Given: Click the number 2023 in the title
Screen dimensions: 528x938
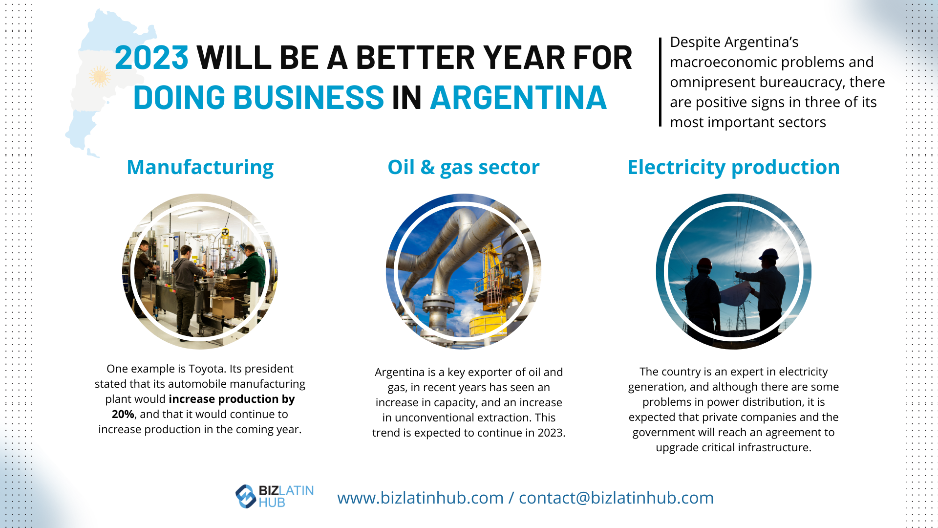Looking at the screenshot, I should click(x=151, y=58).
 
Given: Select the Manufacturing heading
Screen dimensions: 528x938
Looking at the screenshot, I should click(x=200, y=167).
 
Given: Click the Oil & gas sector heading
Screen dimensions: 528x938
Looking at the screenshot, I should click(x=463, y=167).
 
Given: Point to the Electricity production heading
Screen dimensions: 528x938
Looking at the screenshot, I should click(x=733, y=167).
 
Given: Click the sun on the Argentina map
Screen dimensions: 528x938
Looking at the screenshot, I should click(x=100, y=77).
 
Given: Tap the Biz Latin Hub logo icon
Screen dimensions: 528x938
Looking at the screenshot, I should click(x=245, y=496).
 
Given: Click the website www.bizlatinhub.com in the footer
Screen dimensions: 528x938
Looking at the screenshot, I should click(x=420, y=498).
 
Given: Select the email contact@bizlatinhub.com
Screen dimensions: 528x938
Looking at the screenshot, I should click(x=616, y=498).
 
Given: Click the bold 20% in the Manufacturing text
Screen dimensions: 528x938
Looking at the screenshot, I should click(x=123, y=415).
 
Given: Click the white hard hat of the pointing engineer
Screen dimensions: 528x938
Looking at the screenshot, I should click(x=768, y=254).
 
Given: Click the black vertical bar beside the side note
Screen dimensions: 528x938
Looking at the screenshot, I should click(x=660, y=82).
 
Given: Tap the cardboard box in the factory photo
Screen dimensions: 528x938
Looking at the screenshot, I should click(x=223, y=307).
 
